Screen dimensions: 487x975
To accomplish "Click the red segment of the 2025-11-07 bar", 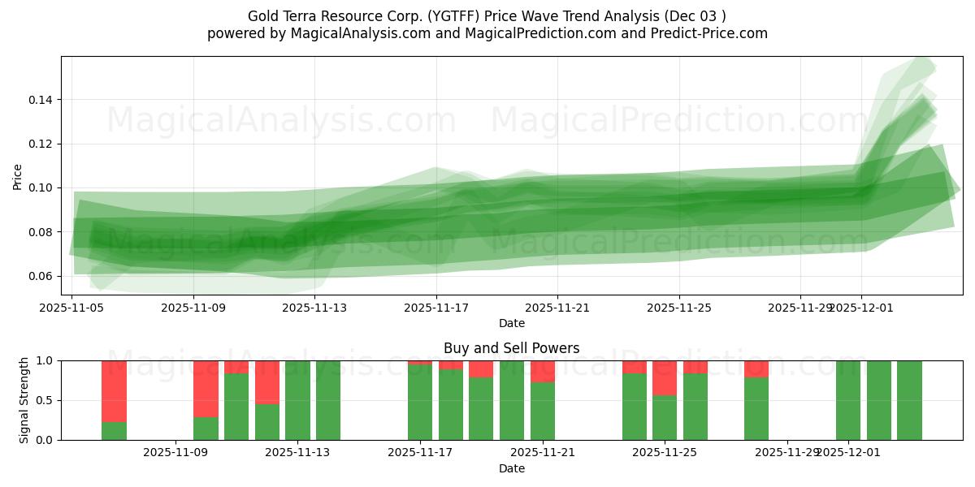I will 114,390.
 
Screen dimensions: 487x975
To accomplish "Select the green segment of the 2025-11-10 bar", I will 236,407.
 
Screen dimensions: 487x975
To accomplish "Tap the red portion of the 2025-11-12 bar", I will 267,381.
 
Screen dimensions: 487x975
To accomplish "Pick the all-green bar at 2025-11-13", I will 297,400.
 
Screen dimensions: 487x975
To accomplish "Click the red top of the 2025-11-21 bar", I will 543,371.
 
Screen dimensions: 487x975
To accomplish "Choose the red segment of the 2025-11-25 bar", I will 665,377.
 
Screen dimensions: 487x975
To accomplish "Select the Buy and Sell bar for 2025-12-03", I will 909,400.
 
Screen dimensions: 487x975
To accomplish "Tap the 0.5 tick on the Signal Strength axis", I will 45,400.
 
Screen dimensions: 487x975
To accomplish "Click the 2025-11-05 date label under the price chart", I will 72,308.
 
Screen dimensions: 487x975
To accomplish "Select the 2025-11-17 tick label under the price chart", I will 436,308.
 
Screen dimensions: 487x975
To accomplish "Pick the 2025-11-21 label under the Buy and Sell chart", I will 543,453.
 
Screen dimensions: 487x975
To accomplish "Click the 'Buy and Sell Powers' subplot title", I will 511,348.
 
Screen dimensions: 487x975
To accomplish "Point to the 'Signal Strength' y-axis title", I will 24,399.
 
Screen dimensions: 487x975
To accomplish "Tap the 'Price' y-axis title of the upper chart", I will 18,175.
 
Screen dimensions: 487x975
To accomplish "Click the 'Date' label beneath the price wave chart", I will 511,323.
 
